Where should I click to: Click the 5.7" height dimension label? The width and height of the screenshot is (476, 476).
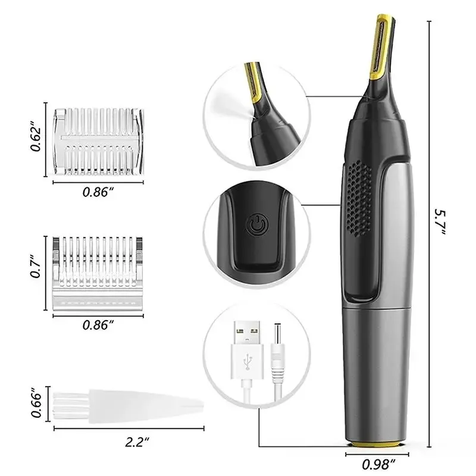[439, 221]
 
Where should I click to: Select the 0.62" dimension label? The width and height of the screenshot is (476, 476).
[36, 139]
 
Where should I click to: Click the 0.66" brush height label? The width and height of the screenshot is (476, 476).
[36, 404]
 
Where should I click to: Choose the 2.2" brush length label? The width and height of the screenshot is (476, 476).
[137, 441]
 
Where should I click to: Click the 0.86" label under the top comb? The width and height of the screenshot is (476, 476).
[98, 192]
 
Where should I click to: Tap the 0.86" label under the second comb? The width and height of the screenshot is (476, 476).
[98, 324]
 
